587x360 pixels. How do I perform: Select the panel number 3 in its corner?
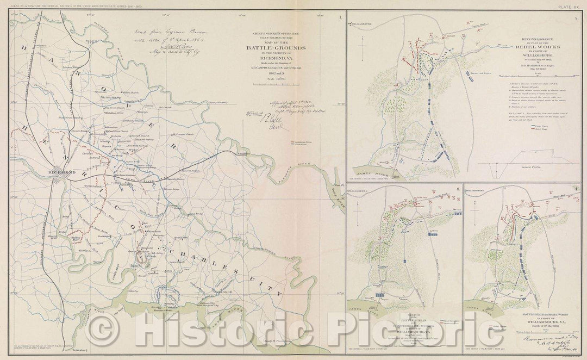click(458, 189)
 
